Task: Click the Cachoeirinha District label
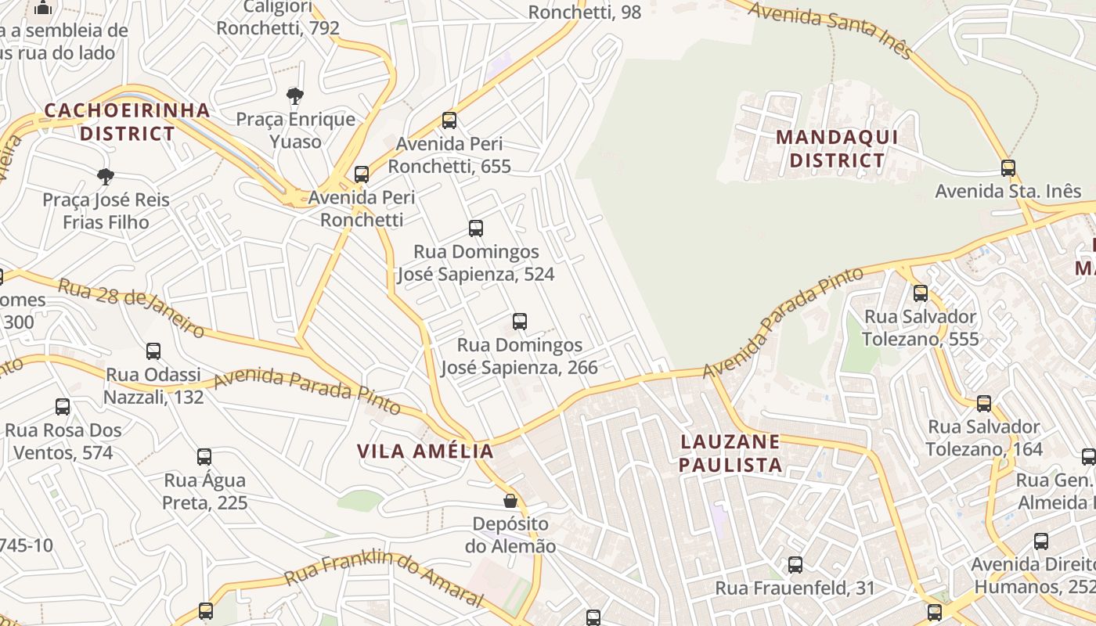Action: click(x=127, y=121)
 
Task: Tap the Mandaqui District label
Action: click(x=836, y=149)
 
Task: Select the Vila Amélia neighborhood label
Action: click(x=425, y=451)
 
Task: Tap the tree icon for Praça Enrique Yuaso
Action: click(x=294, y=96)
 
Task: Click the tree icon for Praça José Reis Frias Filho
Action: click(x=106, y=177)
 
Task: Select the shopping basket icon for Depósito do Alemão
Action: click(x=510, y=501)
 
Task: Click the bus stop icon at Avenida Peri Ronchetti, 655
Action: click(x=449, y=121)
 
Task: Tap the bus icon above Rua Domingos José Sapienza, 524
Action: click(x=476, y=228)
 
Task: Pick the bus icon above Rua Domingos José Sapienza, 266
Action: click(x=520, y=322)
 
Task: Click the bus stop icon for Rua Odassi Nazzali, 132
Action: click(x=153, y=351)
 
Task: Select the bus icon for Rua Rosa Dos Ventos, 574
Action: click(x=63, y=407)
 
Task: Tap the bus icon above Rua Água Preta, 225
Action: click(x=204, y=457)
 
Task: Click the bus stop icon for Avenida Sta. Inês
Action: click(x=1008, y=168)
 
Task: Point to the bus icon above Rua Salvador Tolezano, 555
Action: click(x=921, y=293)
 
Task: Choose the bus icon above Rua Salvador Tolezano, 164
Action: click(x=984, y=404)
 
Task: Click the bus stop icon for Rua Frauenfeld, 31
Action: click(x=795, y=565)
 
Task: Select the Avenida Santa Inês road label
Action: click(x=830, y=30)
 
